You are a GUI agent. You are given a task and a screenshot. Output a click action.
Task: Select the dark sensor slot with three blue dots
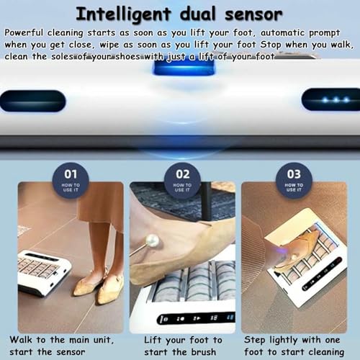coord(330,99)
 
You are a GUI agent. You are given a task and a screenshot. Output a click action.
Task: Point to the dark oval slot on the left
coord(32,100)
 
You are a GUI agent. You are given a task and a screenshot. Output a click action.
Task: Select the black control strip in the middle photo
coord(185,318)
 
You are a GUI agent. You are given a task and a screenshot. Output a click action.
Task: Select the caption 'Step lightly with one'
coord(296,338)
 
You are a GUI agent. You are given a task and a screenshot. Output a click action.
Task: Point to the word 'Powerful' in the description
coord(24,33)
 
